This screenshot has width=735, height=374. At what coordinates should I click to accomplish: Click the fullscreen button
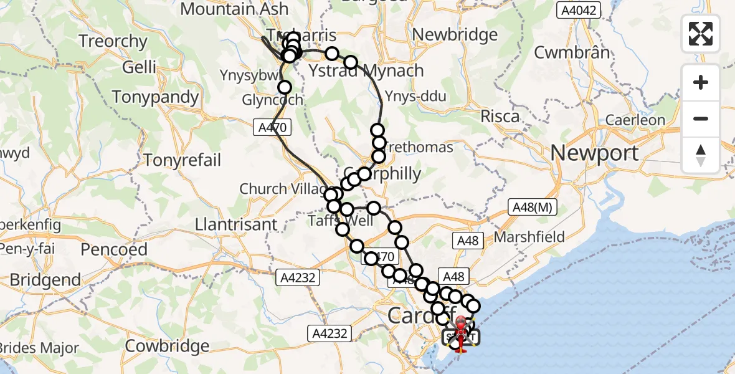click(x=701, y=34)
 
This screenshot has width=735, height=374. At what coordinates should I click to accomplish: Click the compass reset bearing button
click(x=701, y=155)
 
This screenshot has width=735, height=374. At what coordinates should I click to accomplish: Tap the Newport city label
click(x=595, y=153)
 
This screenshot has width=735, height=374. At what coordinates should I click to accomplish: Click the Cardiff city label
click(x=414, y=315)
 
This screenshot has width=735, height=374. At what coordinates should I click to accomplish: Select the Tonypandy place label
click(x=156, y=97)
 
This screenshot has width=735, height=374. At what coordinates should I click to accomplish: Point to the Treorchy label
click(x=113, y=42)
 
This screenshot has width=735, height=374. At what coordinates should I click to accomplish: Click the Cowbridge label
click(x=168, y=345)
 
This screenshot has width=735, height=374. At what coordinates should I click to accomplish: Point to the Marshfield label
click(x=529, y=237)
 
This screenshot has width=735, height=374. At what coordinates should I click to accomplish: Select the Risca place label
click(x=500, y=116)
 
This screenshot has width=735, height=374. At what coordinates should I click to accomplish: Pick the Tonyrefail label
click(x=182, y=160)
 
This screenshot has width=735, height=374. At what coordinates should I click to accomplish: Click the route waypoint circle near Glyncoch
click(x=285, y=87)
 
